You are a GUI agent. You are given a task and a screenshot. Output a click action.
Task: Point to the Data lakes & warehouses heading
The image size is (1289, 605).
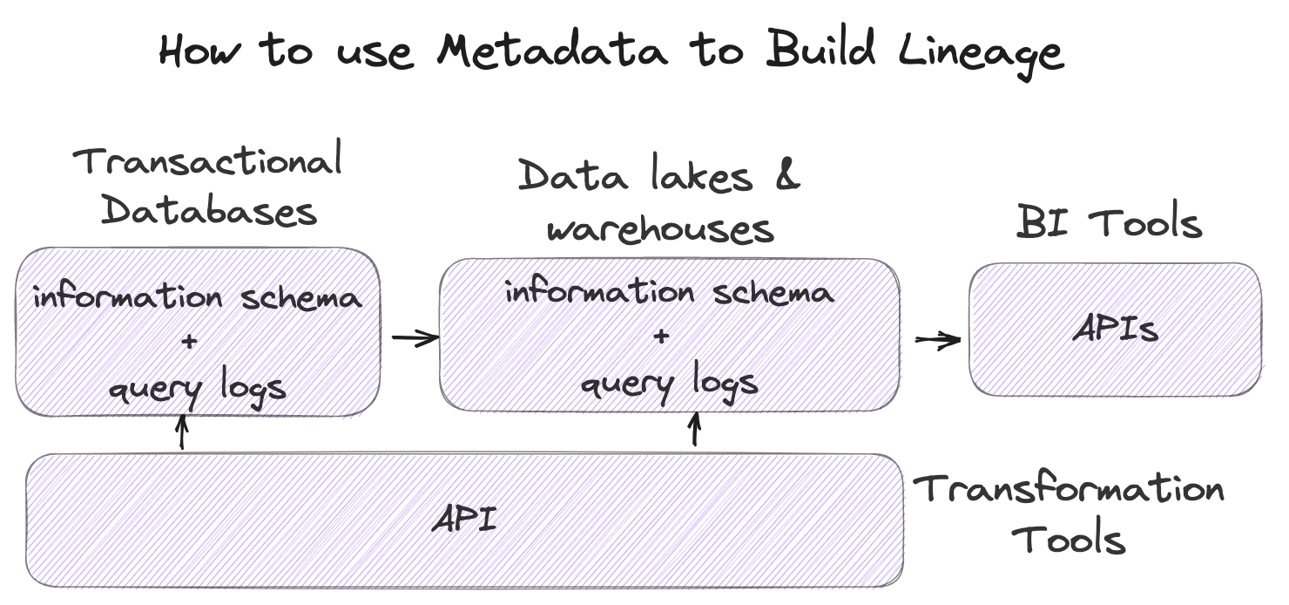click(659, 202)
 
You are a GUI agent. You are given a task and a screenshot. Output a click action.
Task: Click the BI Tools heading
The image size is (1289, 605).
click(1109, 222)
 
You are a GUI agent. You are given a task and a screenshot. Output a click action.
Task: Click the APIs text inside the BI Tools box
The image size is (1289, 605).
click(1116, 330)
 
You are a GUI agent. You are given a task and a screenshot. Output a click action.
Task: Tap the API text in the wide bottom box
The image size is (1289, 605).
click(464, 520)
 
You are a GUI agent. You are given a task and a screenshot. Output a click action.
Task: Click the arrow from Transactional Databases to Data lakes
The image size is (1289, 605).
click(415, 338)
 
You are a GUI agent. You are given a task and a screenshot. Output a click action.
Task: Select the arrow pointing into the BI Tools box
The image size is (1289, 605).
click(937, 341)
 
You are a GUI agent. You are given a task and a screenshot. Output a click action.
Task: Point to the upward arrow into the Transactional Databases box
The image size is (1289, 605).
click(182, 432)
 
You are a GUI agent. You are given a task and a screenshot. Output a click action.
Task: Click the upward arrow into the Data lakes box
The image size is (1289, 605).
click(694, 430)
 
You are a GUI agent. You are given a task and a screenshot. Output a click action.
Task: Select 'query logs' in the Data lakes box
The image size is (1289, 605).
click(669, 383)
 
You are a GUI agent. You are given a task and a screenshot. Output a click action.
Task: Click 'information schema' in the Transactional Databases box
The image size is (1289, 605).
click(197, 297)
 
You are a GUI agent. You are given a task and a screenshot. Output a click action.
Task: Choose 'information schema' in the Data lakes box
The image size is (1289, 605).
click(669, 292)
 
